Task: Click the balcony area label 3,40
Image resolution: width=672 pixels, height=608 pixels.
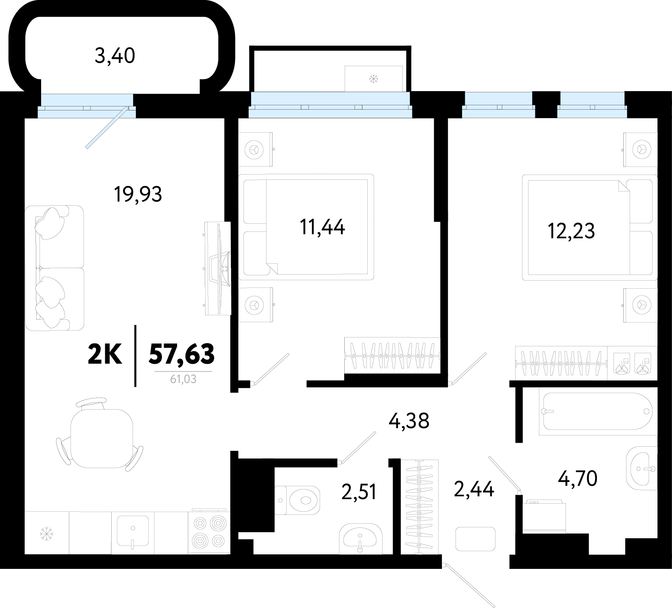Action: (115, 56)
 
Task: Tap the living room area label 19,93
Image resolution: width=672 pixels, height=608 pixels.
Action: (138, 195)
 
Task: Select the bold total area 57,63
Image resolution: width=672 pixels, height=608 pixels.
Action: (181, 354)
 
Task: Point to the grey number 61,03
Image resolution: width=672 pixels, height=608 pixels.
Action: (183, 379)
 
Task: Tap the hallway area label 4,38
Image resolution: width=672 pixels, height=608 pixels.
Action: (409, 421)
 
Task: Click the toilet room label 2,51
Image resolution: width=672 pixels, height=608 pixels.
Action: (359, 492)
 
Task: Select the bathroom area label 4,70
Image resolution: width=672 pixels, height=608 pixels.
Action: (578, 479)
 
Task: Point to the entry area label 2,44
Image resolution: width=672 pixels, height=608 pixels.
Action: (474, 489)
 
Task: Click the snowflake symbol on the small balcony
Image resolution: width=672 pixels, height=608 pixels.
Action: (374, 79)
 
